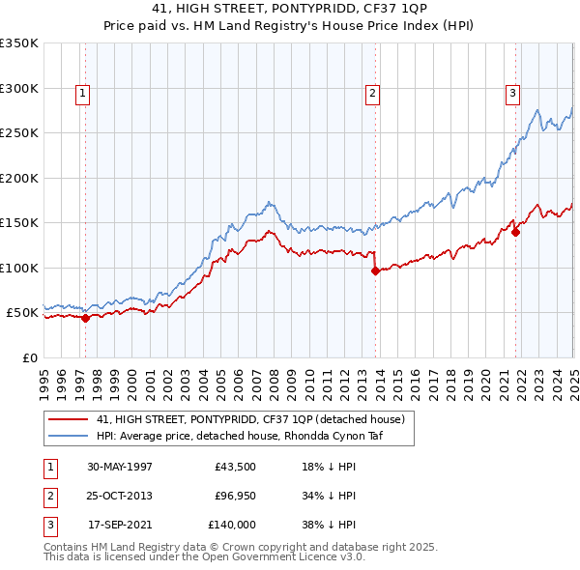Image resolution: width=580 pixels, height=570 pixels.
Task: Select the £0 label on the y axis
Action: click(31, 357)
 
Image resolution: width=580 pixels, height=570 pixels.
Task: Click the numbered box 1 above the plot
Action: click(84, 94)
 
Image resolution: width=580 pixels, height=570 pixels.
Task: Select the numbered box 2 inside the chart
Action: click(372, 94)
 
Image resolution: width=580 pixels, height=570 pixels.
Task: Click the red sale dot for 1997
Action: click(86, 318)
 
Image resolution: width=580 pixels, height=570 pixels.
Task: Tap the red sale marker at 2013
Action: click(375, 271)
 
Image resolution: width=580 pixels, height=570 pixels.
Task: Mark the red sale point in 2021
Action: click(516, 232)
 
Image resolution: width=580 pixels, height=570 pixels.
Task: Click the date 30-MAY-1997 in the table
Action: click(120, 468)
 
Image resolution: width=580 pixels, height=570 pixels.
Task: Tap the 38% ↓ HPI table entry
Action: click(329, 525)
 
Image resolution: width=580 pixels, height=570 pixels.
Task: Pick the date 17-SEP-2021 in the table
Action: click(120, 525)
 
